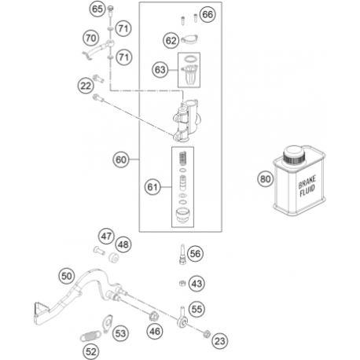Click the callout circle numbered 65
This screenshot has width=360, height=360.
pos(97,9)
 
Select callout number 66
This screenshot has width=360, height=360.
pos(208,14)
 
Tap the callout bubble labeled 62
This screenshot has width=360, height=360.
pos(171,41)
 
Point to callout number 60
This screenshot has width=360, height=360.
pos(121,160)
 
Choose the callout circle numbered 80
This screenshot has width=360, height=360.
pos(265,179)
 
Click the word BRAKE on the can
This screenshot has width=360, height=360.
pos(307,182)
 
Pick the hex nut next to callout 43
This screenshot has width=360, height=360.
pos(182,283)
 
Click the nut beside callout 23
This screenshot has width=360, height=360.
pos(207,334)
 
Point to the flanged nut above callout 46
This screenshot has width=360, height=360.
pos(154,316)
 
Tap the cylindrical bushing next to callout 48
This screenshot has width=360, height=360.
pos(113,257)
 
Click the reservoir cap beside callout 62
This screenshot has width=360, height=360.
pos(189,40)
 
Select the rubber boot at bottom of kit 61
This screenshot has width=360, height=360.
pos(182,215)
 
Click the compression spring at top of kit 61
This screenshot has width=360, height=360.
pos(182,160)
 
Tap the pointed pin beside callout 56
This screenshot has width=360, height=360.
pos(182,254)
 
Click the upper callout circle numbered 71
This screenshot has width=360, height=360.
pos(123,28)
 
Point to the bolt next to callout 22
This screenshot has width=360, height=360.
pos(98,78)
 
